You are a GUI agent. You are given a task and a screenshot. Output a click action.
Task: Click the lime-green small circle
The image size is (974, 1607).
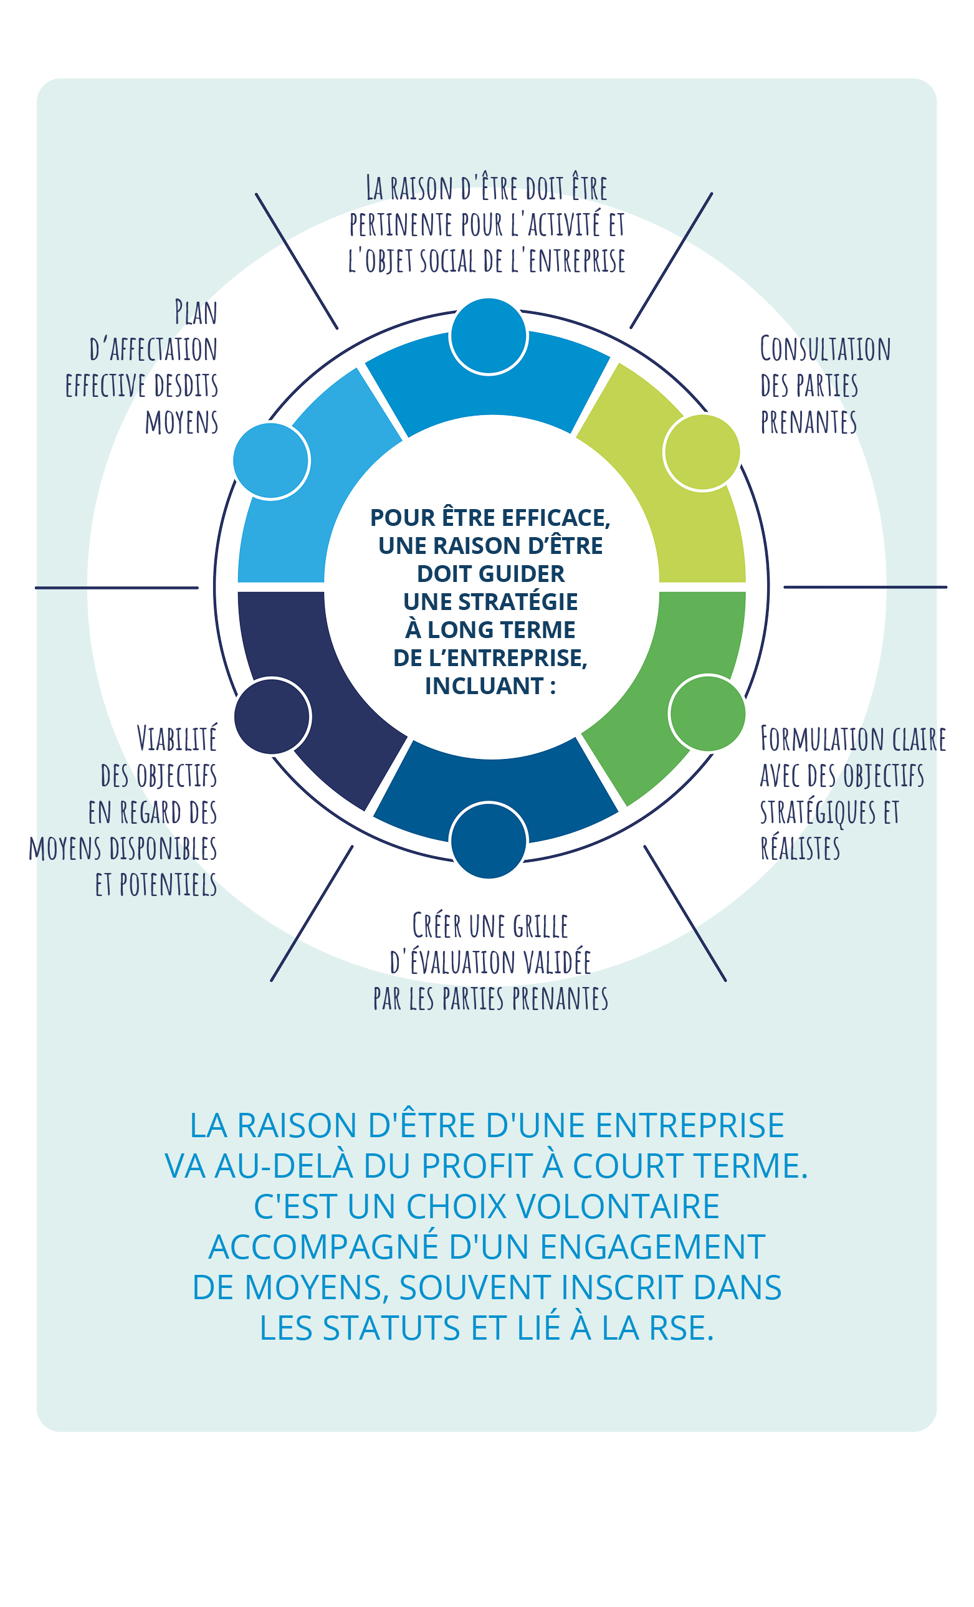click(x=702, y=452)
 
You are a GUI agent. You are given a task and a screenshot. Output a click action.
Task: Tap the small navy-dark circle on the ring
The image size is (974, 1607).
click(x=272, y=716)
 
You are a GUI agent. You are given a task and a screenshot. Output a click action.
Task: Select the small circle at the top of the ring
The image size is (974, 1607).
click(x=489, y=336)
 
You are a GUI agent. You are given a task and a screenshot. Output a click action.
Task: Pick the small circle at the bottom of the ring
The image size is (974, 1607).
click(x=489, y=841)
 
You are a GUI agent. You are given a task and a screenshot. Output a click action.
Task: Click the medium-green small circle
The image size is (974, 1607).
click(x=708, y=713)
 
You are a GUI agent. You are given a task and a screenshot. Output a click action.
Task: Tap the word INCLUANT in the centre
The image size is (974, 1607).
click(x=484, y=686)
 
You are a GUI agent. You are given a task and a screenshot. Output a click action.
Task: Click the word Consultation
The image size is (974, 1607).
click(x=825, y=349)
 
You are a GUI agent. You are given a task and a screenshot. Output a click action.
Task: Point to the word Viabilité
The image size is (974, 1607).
click(x=177, y=738)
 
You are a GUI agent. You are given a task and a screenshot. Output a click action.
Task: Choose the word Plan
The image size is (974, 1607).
click(x=196, y=312)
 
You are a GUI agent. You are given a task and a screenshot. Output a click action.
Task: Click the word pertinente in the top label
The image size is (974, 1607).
click(x=401, y=225)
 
